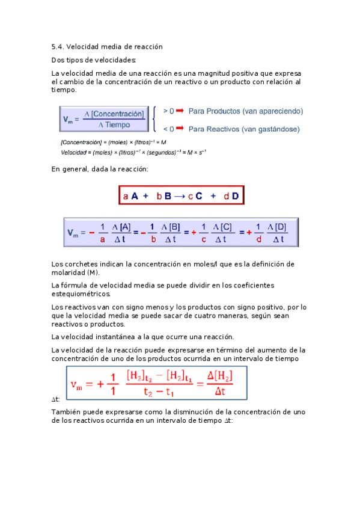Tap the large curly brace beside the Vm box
click(156, 120)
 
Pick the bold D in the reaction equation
click(235, 196)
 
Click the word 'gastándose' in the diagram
click(281, 129)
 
